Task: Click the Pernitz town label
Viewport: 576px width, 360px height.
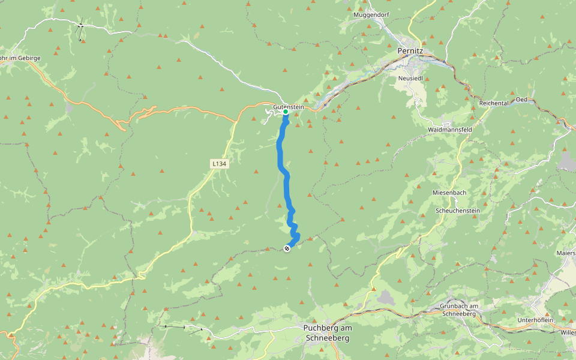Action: [x=410, y=52]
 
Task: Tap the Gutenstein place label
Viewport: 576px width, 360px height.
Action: [x=289, y=107]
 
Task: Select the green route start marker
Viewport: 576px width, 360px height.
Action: [x=286, y=112]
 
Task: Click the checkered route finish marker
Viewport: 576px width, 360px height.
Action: [x=287, y=248]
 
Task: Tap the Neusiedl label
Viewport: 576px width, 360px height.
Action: [x=411, y=78]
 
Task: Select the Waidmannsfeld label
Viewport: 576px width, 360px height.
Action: [x=450, y=130]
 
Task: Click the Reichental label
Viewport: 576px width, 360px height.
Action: [x=494, y=103]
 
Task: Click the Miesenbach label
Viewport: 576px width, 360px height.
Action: [x=449, y=193]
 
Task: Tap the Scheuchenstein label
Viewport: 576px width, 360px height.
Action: [x=458, y=212]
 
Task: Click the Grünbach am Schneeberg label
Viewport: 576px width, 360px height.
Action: [x=455, y=310]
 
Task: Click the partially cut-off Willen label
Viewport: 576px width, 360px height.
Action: [x=568, y=331]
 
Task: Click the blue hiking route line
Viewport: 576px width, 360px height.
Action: [x=280, y=156]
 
